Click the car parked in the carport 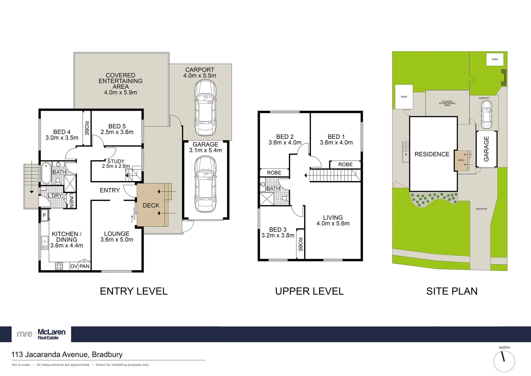click(205, 108)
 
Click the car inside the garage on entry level click(205, 184)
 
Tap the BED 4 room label click(62, 132)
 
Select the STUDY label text click(116, 161)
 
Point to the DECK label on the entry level click(151, 205)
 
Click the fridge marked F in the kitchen click(45, 216)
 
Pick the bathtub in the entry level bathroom click(46, 173)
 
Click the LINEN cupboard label click(71, 200)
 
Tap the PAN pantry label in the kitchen click(84, 266)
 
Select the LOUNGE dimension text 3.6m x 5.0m click(116, 240)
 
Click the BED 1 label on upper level click(336, 137)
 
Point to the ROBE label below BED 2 click(274, 173)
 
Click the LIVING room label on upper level click(333, 218)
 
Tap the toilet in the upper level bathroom click(285, 198)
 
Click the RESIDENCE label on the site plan click(432, 154)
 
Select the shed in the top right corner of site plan click(494, 60)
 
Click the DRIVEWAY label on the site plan click(481, 209)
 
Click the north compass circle click(504, 361)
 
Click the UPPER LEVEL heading click(309, 291)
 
